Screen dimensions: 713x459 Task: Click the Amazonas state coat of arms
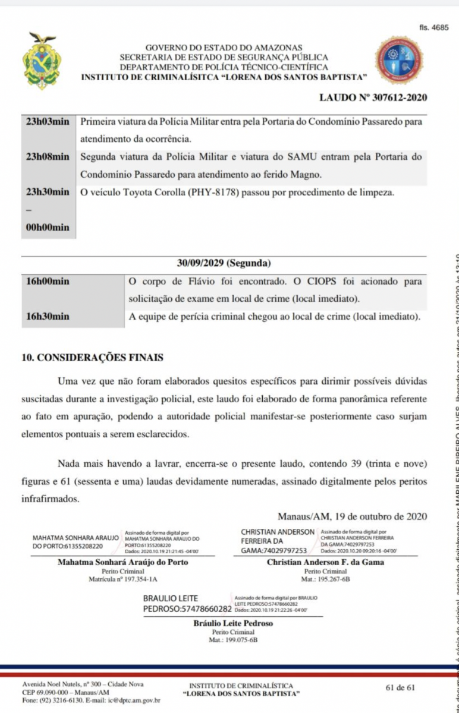pos(42,61)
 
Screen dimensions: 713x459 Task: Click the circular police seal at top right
pos(398,60)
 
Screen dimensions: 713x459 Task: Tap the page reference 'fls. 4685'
pos(433,28)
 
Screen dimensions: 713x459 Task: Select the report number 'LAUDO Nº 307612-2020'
pos(373,97)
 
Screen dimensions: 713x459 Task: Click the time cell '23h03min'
pos(48,122)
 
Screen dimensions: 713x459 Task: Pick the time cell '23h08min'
pos(48,157)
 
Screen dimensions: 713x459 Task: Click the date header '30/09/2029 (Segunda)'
pos(224,263)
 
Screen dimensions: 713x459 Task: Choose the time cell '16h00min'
pos(48,280)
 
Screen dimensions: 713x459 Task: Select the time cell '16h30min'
pos(48,316)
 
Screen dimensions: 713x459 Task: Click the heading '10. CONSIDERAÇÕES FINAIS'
pos(92,358)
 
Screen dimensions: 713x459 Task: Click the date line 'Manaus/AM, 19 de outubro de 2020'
pos(352,517)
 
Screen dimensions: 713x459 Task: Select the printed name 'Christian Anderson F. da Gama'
pos(325,562)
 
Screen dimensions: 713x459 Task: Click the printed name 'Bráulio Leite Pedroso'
pos(233,623)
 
